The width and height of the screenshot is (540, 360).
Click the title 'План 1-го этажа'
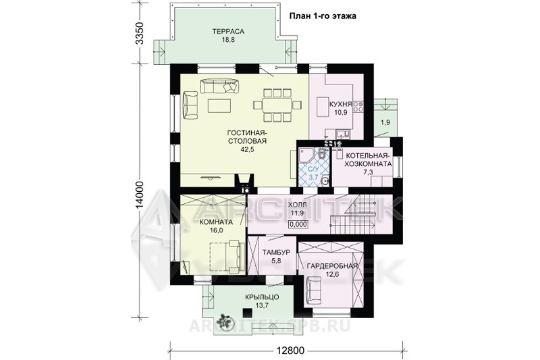323,16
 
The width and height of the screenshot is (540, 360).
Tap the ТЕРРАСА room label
228,31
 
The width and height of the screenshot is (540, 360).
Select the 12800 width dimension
290,351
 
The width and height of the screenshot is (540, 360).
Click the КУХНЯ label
340,105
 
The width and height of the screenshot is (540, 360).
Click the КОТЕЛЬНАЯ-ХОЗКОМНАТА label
369,159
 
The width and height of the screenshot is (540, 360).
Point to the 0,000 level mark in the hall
298,224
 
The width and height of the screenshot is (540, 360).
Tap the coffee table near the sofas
219,105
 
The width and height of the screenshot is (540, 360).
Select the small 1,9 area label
385,122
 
